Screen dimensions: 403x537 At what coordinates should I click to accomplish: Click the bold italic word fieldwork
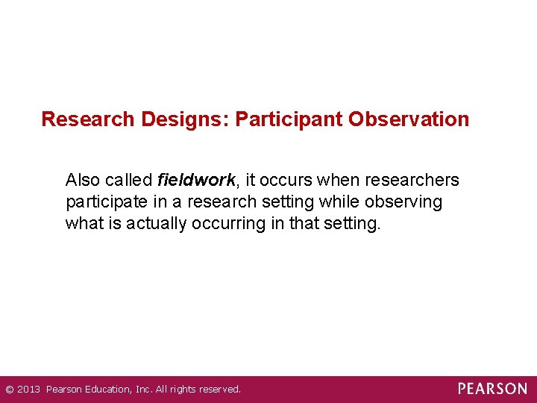[196, 181]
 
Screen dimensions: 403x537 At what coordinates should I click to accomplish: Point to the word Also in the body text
[83, 181]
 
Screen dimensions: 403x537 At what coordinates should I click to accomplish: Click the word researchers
[412, 181]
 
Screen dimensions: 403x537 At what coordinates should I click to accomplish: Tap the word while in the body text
[342, 202]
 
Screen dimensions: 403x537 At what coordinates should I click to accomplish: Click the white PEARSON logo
[492, 389]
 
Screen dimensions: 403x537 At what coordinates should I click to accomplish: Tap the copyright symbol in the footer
[10, 390]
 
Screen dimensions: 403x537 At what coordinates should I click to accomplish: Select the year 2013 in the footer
[28, 390]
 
